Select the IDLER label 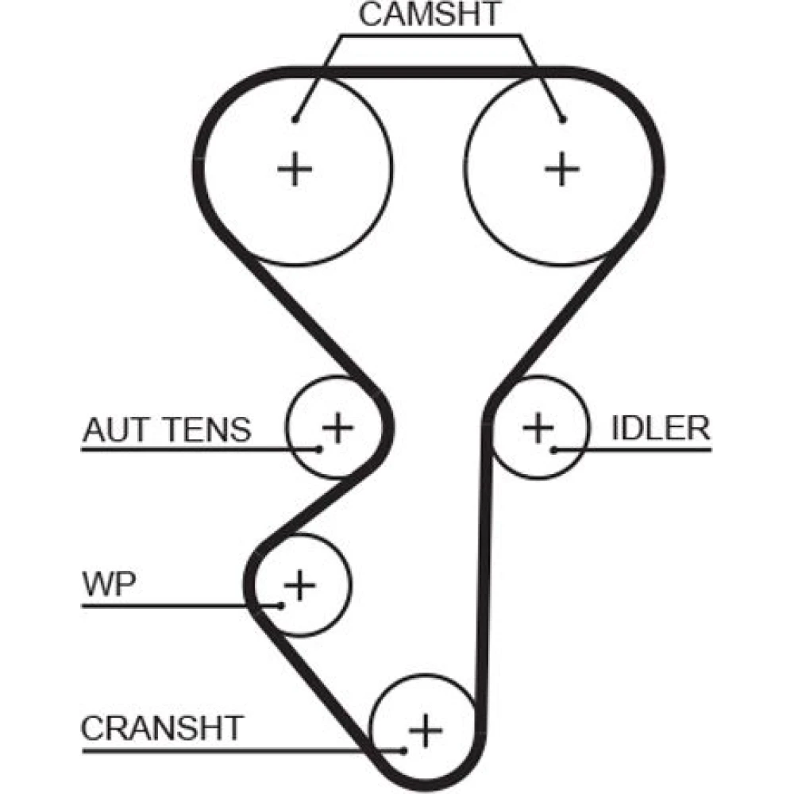point(660,428)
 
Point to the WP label point(109,585)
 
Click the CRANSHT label point(162,727)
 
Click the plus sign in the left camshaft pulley point(295,168)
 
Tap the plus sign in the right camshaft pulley point(562,168)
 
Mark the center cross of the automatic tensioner point(337,428)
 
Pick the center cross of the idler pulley point(538,429)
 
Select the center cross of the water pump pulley point(300,586)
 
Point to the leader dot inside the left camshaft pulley point(295,120)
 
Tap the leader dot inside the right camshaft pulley point(562,120)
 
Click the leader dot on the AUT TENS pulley point(320,449)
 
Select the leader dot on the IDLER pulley point(553,449)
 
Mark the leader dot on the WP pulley point(283,607)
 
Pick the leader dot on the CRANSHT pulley point(405,749)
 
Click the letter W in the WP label point(98,585)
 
